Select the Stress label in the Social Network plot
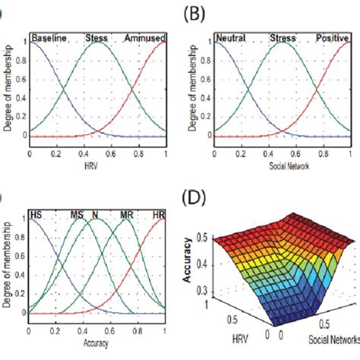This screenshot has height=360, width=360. coord(283,37)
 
